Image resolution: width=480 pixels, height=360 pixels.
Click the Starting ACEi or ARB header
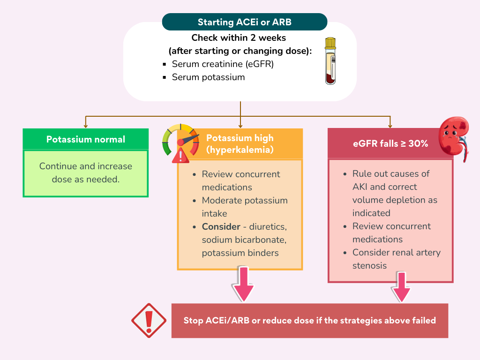244,22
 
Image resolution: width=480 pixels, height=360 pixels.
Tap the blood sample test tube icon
331,61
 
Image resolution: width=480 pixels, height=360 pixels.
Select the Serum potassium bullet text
208,77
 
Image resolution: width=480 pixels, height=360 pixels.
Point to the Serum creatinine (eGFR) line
223,64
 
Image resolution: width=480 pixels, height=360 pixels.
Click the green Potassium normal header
86,139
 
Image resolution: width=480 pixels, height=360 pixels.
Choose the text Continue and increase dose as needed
86,172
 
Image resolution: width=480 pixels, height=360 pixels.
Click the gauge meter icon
180,138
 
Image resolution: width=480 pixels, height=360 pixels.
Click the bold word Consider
221,227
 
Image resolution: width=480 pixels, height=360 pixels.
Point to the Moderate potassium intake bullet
244,207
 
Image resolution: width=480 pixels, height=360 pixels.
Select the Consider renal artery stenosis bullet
396,259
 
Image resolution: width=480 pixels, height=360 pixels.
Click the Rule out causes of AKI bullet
394,193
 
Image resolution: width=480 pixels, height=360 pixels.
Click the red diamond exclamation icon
149,321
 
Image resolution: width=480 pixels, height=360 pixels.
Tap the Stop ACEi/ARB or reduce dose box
309,321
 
